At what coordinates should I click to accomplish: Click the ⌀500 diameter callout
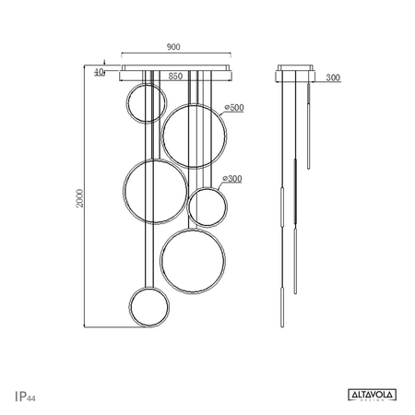coord(234,109)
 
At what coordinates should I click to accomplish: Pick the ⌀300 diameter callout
coord(234,178)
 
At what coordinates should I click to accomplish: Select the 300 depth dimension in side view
coord(333,78)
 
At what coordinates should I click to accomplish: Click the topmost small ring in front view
coord(142,103)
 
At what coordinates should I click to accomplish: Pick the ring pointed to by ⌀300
coord(207,206)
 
